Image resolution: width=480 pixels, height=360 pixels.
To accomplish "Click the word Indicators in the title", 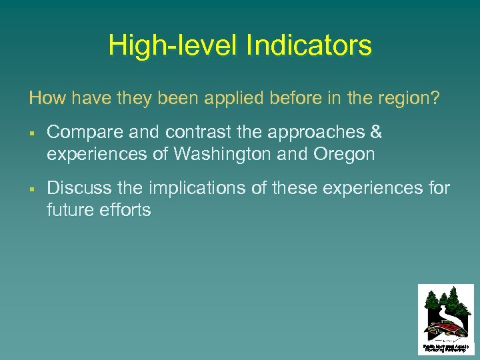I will pos(309,46).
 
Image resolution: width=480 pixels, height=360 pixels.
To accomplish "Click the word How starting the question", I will pos(47,99).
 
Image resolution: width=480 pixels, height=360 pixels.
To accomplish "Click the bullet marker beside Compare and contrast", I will pos(32,133).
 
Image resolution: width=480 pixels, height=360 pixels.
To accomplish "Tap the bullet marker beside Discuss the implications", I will pos(32,189).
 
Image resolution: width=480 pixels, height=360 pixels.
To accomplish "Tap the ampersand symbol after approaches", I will pos(376,133).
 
